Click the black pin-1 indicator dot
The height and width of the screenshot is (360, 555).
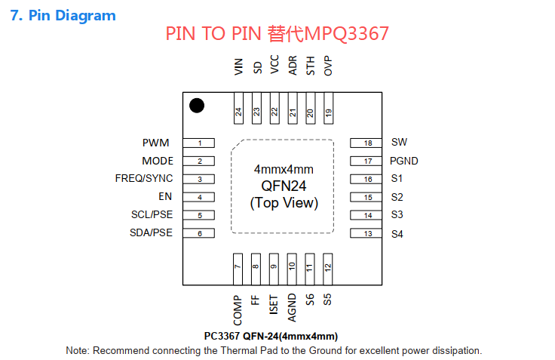click(197, 106)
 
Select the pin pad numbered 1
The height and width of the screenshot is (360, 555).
click(199, 143)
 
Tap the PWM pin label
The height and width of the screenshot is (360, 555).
click(156, 143)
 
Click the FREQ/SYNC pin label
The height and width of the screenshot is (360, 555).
click(144, 178)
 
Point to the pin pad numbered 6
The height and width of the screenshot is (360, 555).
click(199, 233)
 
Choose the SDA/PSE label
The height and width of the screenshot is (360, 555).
click(151, 232)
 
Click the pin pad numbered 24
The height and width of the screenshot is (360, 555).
click(238, 108)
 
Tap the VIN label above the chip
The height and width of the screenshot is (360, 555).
click(239, 66)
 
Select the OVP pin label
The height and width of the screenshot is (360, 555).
click(328, 66)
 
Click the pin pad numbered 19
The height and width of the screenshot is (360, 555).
click(329, 108)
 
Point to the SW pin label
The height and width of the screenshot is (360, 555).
click(399, 142)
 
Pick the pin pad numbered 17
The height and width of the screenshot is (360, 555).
click(366, 161)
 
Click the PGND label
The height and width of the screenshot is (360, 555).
click(404, 161)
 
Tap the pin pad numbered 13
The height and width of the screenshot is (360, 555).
click(366, 233)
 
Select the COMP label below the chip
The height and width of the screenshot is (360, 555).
click(238, 310)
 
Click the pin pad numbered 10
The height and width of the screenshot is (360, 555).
click(292, 269)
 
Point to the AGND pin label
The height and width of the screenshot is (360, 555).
click(292, 308)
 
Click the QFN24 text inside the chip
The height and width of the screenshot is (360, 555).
click(284, 186)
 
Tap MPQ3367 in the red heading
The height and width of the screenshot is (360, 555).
click(346, 34)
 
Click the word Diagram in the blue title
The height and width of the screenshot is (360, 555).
click(85, 16)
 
